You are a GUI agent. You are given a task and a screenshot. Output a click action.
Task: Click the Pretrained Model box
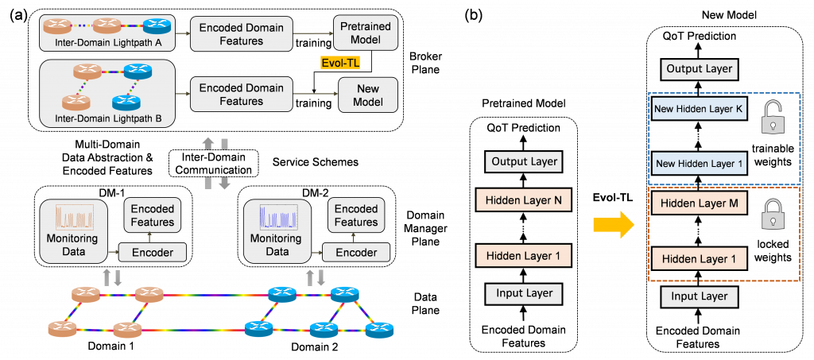365,33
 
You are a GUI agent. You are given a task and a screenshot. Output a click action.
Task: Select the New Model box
367,95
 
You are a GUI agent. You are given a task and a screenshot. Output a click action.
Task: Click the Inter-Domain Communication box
213,164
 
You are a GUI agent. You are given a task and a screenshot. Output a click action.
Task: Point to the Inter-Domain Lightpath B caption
109,118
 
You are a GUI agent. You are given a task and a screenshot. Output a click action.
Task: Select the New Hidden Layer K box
699,107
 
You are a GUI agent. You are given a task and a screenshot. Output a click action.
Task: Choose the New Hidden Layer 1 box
699,164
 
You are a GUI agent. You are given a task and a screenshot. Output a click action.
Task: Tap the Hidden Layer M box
699,203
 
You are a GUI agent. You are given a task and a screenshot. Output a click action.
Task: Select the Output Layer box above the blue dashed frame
699,69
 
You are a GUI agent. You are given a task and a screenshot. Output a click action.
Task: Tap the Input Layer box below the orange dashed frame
699,297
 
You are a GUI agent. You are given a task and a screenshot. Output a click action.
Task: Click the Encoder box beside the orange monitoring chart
152,252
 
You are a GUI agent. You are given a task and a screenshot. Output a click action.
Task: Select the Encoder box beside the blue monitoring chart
356,252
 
